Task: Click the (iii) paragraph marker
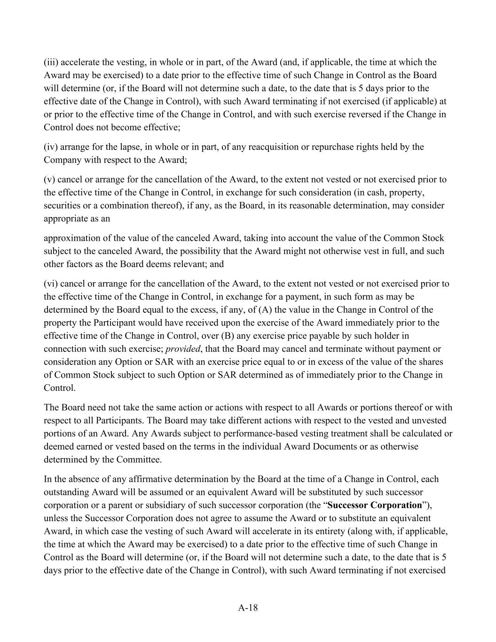click(x=51, y=62)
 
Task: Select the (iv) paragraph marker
click(x=51, y=147)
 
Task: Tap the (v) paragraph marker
click(x=50, y=179)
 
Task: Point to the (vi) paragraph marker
click(x=51, y=284)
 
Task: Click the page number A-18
click(x=248, y=607)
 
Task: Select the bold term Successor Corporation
click(x=375, y=505)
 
